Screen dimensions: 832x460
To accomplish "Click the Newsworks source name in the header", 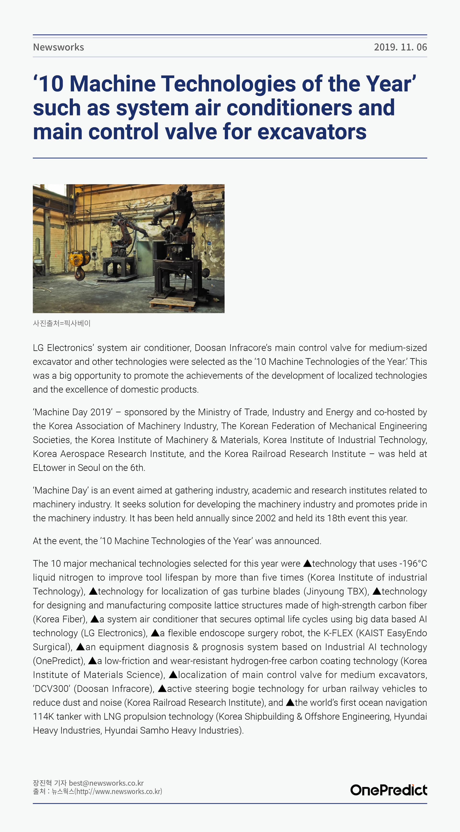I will [58, 47].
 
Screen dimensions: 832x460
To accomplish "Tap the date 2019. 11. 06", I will [400, 47].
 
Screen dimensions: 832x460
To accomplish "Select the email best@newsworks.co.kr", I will [106, 783].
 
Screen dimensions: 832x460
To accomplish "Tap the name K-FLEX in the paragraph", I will [338, 633].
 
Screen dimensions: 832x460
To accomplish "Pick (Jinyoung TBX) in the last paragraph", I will [336, 591].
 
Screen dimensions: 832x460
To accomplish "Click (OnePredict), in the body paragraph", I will [59, 661].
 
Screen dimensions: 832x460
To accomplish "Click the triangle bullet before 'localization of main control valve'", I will [173, 675].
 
